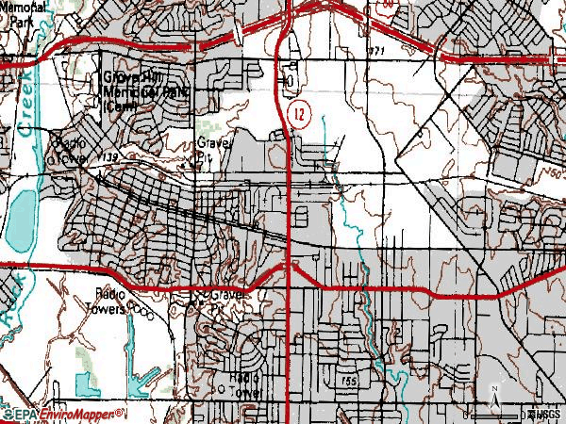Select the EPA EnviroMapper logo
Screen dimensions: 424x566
point(64,414)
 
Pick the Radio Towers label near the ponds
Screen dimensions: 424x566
point(110,301)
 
